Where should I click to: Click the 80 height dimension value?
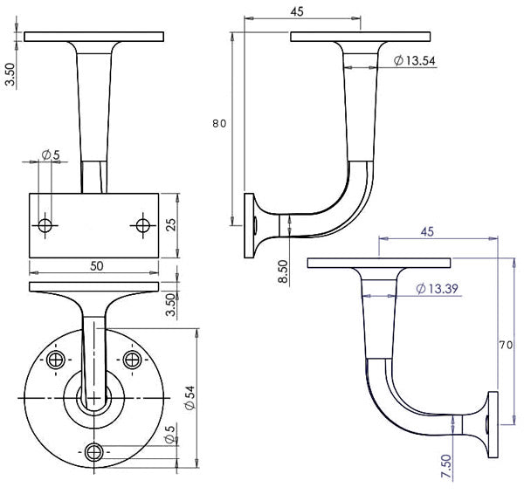[219, 123]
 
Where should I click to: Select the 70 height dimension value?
[505, 345]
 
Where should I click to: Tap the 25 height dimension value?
[171, 225]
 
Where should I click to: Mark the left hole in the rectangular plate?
[46, 225]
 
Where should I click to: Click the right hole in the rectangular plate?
[143, 225]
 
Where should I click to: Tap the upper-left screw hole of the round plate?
[57, 360]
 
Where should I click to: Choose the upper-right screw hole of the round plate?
[132, 360]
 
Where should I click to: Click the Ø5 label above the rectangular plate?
[51, 155]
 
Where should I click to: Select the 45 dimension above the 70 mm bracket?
[427, 231]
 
